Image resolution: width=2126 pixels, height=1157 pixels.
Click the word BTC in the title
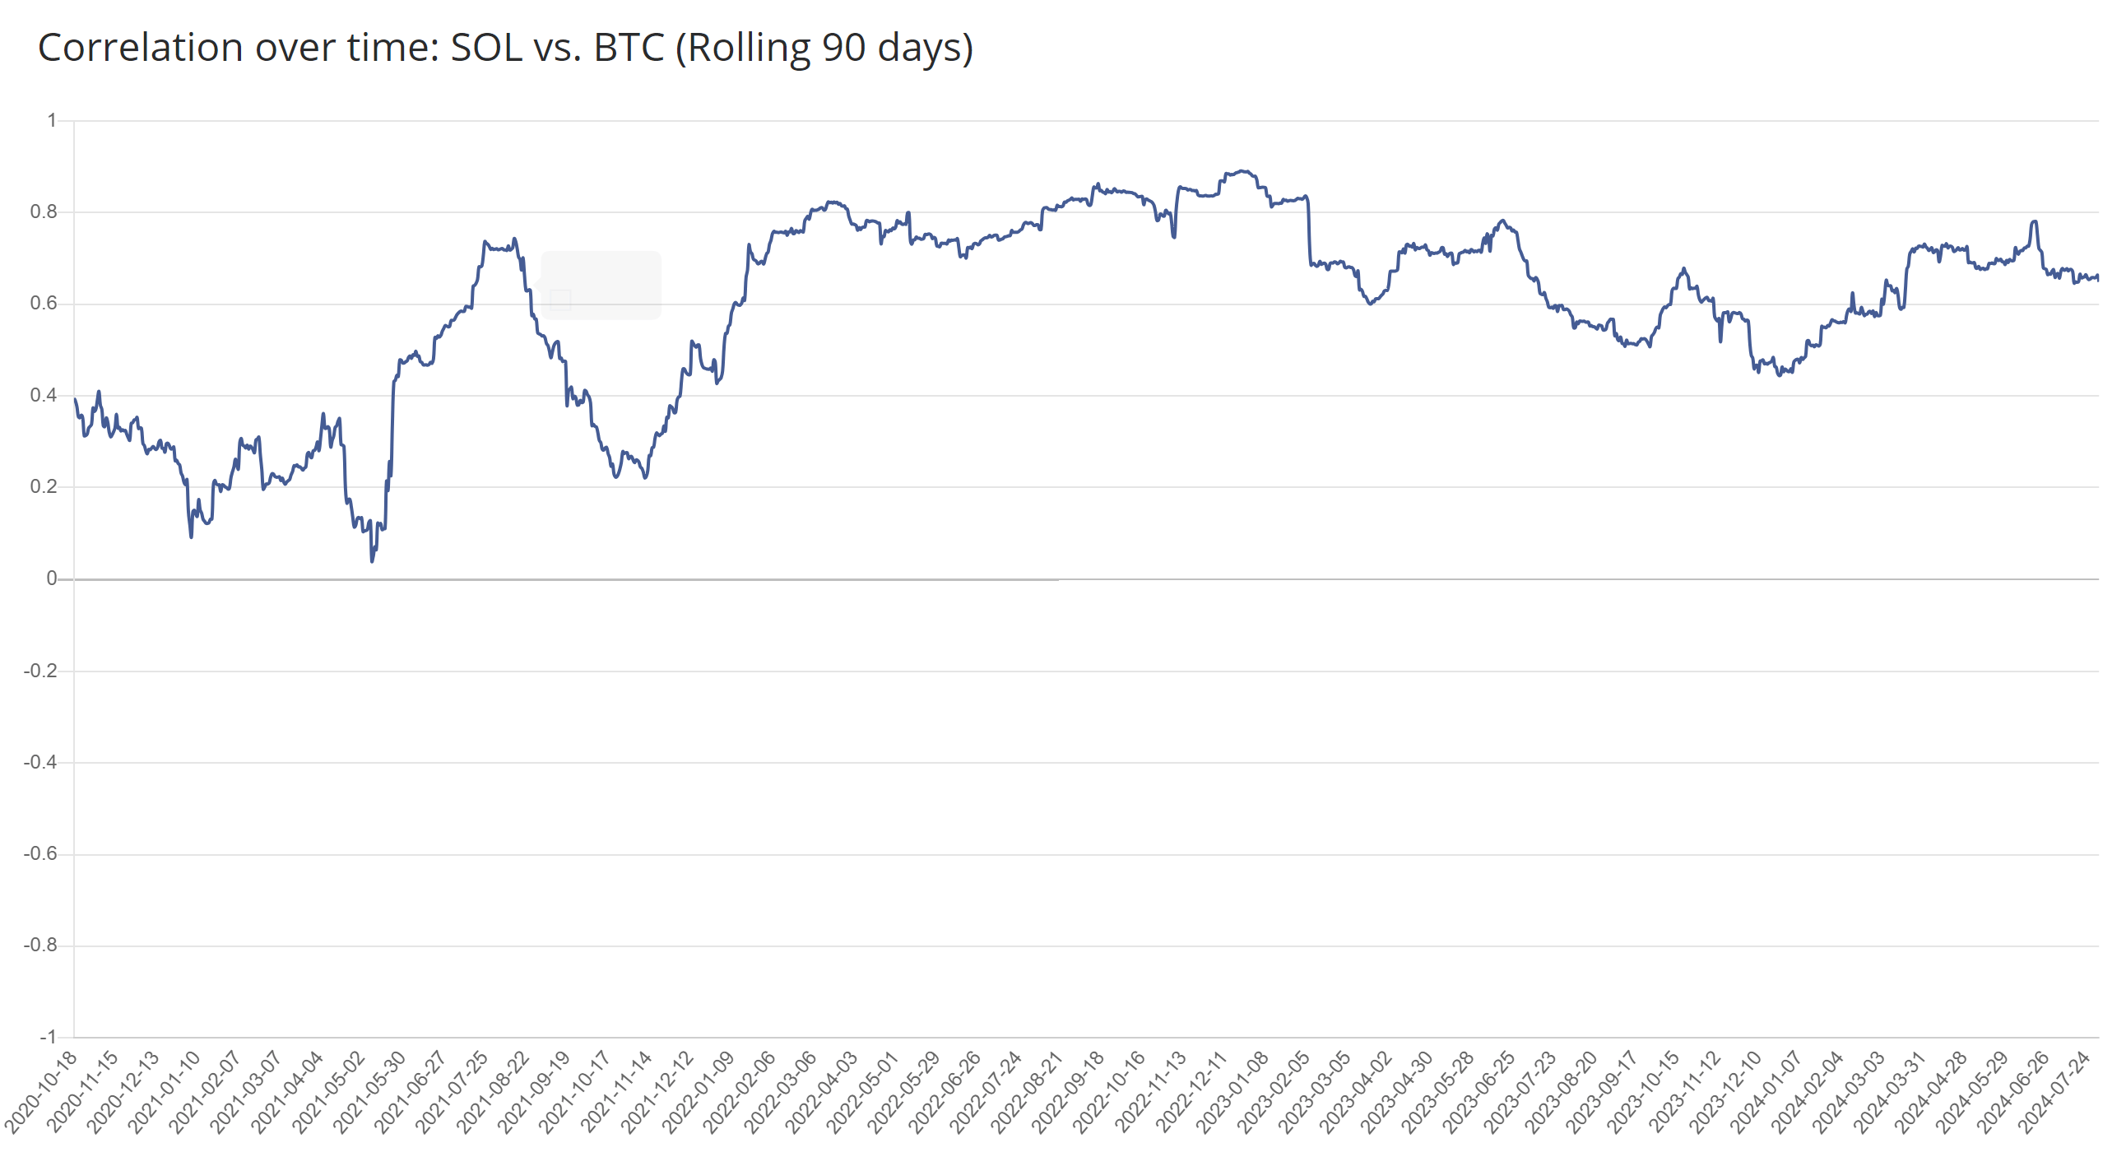click(x=629, y=48)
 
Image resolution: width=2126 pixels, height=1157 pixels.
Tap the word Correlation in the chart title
click(x=140, y=48)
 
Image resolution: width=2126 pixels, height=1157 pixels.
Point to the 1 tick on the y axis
click(x=52, y=120)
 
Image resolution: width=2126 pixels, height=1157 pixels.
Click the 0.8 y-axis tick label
click(x=44, y=212)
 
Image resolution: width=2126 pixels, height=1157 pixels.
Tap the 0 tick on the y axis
click(x=51, y=578)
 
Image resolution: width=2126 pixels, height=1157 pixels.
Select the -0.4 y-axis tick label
click(x=40, y=762)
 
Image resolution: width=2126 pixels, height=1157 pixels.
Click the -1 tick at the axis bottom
click(x=48, y=1037)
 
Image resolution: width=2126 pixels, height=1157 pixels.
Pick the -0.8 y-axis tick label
click(x=40, y=945)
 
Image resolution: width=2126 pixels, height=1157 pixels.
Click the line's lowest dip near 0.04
click(x=372, y=561)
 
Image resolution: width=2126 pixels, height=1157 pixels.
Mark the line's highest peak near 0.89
click(x=1244, y=172)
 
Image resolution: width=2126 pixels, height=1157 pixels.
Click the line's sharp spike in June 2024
click(x=2035, y=221)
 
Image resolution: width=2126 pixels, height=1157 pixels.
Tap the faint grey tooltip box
click(x=601, y=285)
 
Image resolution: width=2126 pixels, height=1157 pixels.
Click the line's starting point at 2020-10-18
click(x=75, y=399)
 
